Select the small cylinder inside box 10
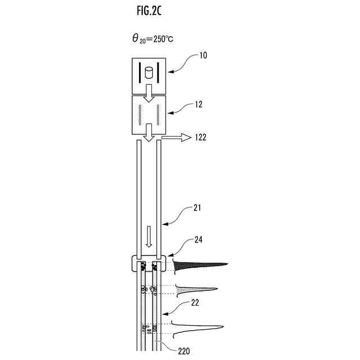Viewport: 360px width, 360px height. pyautogui.click(x=149, y=73)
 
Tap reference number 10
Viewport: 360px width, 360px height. pyautogui.click(x=202, y=56)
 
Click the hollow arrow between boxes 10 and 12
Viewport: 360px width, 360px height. pyautogui.click(x=149, y=94)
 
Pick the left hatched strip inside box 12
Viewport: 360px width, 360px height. pyautogui.click(x=138, y=115)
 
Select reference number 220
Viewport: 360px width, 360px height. pyautogui.click(x=184, y=352)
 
